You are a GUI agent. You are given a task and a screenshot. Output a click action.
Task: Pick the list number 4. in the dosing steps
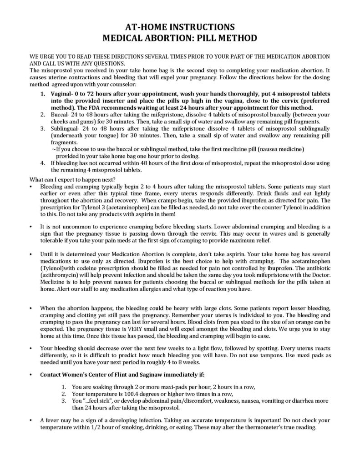pos(42,162)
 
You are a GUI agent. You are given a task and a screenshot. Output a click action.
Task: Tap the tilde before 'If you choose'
pos(54,149)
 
